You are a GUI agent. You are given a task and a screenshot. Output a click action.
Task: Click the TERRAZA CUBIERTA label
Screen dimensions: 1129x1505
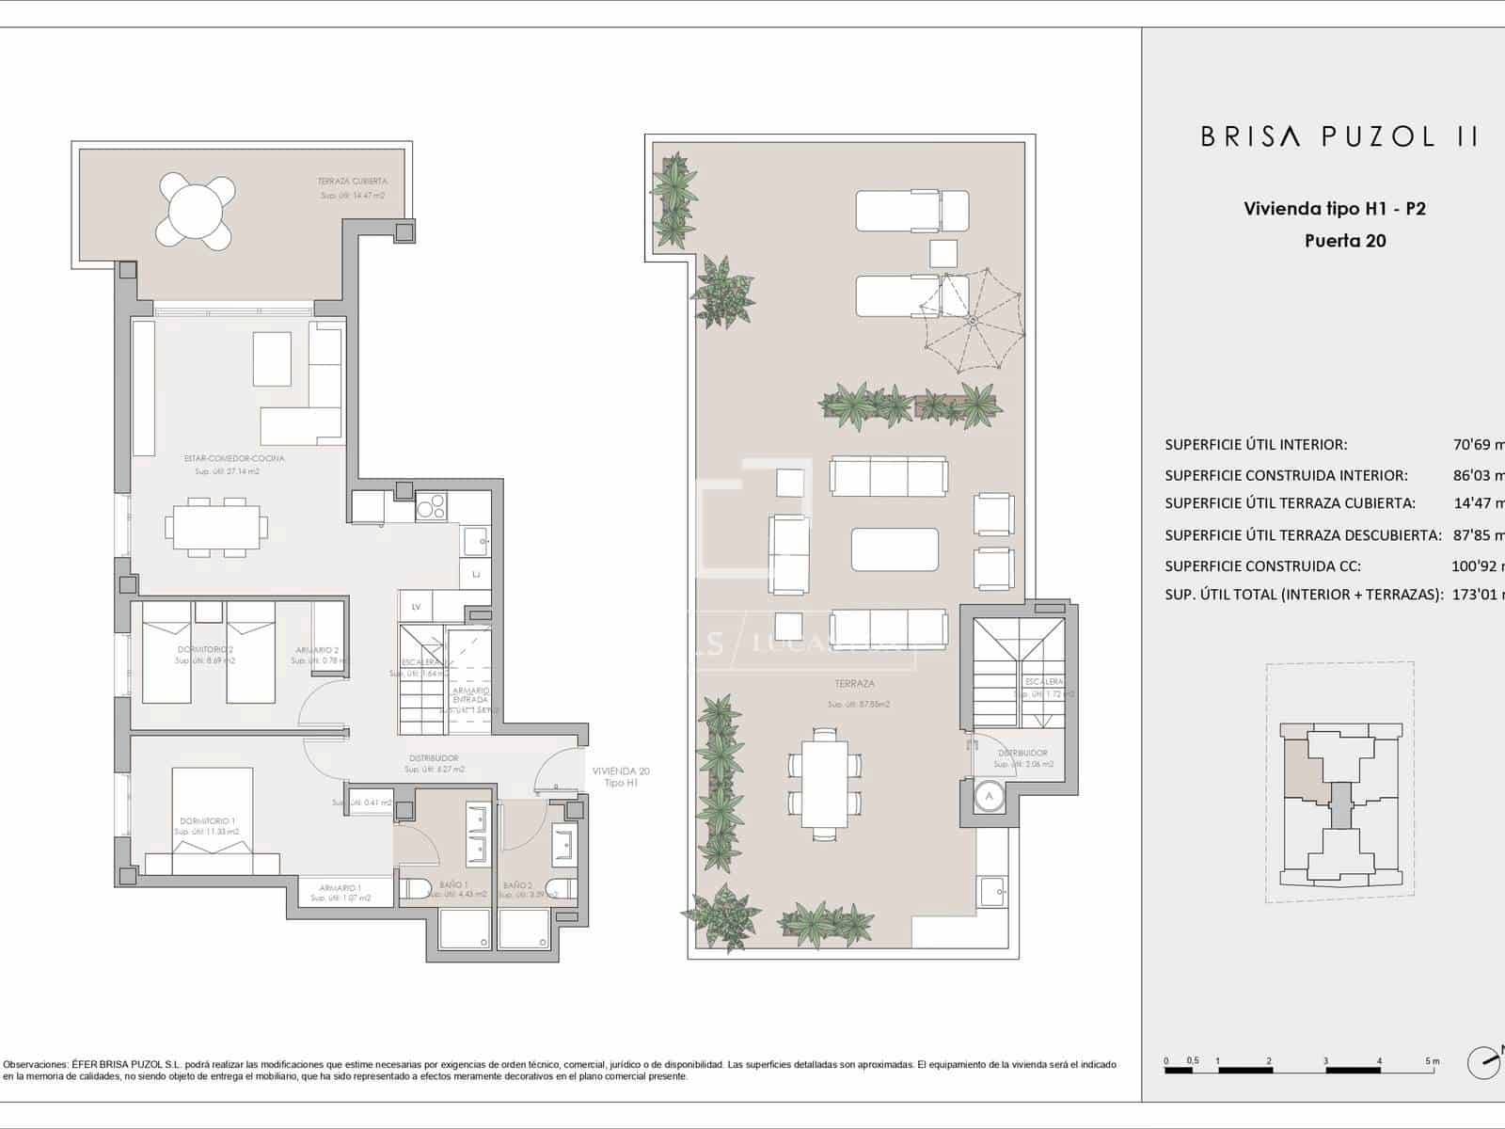352,182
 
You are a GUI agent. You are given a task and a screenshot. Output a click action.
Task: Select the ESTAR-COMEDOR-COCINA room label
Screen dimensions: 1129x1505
234,459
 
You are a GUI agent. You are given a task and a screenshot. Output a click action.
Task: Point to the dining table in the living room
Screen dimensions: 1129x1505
216,527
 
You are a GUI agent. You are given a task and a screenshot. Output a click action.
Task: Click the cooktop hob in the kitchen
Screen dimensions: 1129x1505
431,508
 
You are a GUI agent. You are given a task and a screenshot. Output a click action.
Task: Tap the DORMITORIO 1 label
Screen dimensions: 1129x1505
207,821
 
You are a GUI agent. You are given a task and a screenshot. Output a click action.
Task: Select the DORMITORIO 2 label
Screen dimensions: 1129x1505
205,650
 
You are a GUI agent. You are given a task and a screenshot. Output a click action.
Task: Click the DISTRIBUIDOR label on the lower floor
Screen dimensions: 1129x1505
434,758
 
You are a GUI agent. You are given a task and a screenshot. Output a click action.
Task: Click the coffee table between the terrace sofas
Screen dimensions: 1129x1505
895,549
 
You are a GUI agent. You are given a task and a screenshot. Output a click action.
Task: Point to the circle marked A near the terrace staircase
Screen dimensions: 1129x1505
988,796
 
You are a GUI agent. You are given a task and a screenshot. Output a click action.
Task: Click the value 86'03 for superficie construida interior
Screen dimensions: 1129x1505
1479,475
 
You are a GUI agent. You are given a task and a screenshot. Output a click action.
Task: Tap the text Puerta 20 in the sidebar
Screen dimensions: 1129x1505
1345,241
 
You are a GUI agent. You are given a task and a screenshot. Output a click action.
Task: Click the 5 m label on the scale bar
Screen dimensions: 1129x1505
1432,1061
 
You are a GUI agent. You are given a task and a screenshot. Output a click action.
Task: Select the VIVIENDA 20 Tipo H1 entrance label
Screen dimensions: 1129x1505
621,777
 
